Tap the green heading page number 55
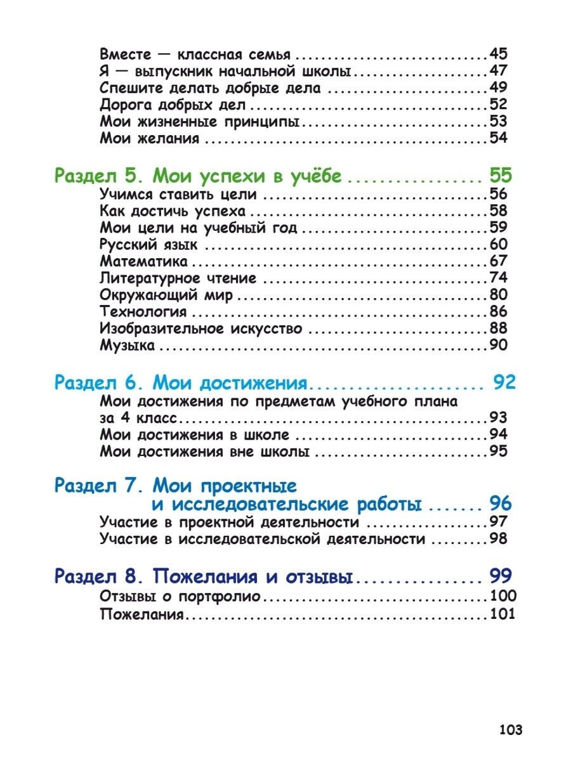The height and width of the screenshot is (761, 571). coord(500,176)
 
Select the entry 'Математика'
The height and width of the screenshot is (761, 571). coord(144,261)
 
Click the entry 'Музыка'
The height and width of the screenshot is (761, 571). coord(128,346)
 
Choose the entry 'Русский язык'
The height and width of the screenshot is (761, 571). coord(149,245)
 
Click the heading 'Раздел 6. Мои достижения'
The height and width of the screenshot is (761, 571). coord(181,382)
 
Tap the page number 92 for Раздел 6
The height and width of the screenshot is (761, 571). coord(504,382)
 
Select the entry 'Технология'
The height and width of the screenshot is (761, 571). coord(143,312)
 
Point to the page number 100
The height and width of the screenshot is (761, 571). coord(503,597)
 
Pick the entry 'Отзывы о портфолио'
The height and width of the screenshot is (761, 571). coord(180,597)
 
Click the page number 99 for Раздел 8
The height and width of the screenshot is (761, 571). coord(501,576)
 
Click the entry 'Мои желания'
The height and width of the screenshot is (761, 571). coord(150,138)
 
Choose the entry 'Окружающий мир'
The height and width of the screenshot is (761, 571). coord(167,296)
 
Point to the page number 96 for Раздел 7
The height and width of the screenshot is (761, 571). coord(500,504)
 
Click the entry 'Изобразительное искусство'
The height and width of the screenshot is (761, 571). coord(201,329)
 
